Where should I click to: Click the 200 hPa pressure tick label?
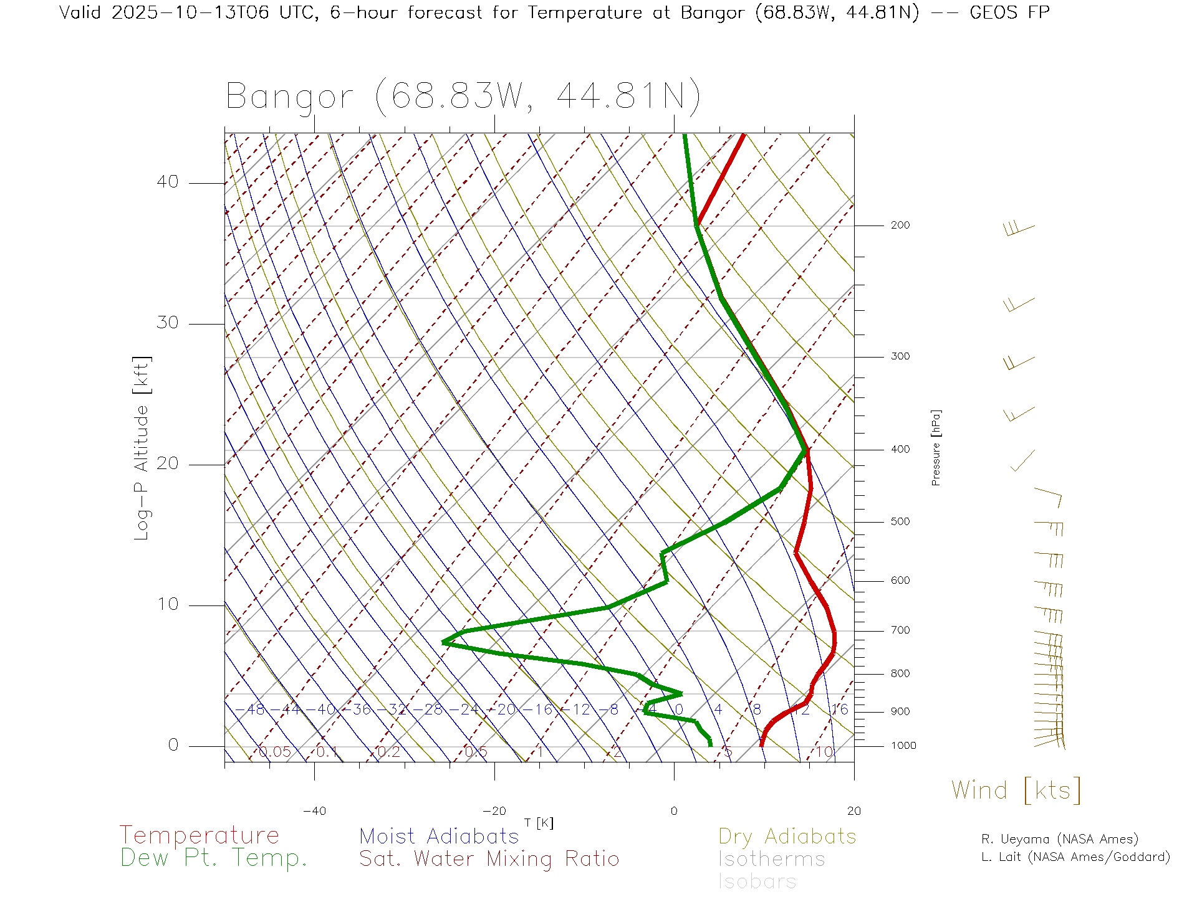point(900,225)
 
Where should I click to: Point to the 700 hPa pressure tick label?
point(900,630)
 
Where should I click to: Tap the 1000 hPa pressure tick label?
point(903,746)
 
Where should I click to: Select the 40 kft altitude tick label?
point(167,182)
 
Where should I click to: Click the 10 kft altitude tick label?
point(167,604)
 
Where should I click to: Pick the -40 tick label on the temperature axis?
point(314,811)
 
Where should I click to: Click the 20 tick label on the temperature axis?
point(853,811)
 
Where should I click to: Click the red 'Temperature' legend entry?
point(199,835)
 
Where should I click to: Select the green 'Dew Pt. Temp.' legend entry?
point(214,858)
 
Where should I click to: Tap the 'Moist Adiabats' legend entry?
point(439,836)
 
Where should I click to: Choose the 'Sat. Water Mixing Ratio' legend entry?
point(489,859)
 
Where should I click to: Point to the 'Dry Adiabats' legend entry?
point(787,836)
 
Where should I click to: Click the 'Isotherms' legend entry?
point(771,859)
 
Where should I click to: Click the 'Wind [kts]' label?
point(1016,790)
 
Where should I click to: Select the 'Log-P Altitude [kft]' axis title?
point(142,448)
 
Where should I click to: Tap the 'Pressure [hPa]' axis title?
point(936,447)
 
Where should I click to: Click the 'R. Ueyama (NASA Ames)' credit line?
point(1059,839)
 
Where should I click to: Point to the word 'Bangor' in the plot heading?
point(289,97)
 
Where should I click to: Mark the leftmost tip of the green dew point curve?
point(443,642)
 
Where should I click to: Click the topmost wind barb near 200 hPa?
point(1019,229)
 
